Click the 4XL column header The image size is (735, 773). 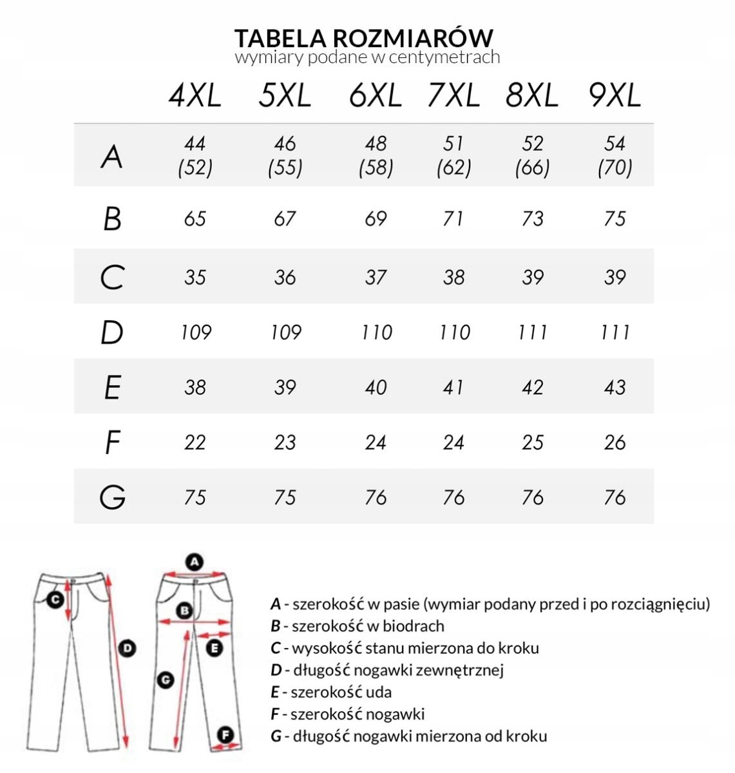pyautogui.click(x=195, y=96)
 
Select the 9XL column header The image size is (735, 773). pyautogui.click(x=615, y=96)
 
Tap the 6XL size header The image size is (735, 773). pyautogui.click(x=376, y=96)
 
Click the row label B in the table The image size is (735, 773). pyautogui.click(x=112, y=218)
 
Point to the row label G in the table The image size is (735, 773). pyautogui.click(x=113, y=497)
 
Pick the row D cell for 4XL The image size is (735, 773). pyautogui.click(x=196, y=332)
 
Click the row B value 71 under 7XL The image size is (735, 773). pyautogui.click(x=453, y=218)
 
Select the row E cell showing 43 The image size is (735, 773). pyautogui.click(x=615, y=387)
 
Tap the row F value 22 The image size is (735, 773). pyautogui.click(x=195, y=443)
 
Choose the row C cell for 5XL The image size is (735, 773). pyautogui.click(x=285, y=278)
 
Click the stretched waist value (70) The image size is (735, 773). pyautogui.click(x=615, y=168)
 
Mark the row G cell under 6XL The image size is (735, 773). pyautogui.click(x=376, y=497)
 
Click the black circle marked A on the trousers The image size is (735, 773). pyautogui.click(x=195, y=562)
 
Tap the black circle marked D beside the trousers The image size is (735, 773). pyautogui.click(x=128, y=648)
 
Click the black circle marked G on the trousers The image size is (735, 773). pyautogui.click(x=166, y=678)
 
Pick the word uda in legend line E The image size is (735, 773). pyautogui.click(x=379, y=692)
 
